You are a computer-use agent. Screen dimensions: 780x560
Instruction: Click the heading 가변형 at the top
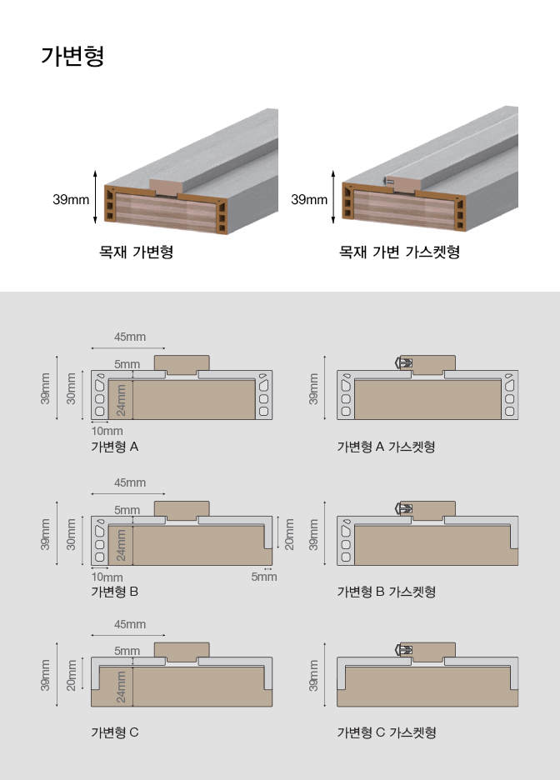pyautogui.click(x=72, y=57)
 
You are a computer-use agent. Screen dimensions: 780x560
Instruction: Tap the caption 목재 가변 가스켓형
pyautogui.click(x=398, y=252)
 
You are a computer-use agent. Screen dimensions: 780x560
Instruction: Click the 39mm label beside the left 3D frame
pyautogui.click(x=71, y=199)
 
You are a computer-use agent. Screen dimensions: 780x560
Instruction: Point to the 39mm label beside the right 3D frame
pyautogui.click(x=308, y=199)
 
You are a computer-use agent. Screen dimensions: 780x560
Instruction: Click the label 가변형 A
pyautogui.click(x=114, y=447)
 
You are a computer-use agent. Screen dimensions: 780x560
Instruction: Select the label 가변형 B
pyautogui.click(x=114, y=592)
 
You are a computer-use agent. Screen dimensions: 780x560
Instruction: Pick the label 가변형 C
pyautogui.click(x=114, y=732)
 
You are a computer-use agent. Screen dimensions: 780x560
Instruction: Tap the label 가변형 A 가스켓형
pyautogui.click(x=386, y=447)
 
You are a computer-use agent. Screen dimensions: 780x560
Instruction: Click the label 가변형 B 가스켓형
pyautogui.click(x=386, y=592)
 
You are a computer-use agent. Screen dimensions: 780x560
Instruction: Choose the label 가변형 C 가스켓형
pyautogui.click(x=386, y=732)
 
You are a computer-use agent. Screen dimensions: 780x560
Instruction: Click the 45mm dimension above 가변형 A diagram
pyautogui.click(x=130, y=337)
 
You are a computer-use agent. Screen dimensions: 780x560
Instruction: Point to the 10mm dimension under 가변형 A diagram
pyautogui.click(x=107, y=431)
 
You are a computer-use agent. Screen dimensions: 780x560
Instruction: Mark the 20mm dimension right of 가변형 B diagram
pyautogui.click(x=289, y=533)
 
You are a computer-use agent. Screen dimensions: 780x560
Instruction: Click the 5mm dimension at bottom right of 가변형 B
pyautogui.click(x=264, y=577)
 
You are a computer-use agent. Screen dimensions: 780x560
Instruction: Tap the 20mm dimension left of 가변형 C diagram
pyautogui.click(x=72, y=675)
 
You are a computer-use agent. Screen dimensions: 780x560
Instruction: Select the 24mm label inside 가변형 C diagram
pyautogui.click(x=122, y=684)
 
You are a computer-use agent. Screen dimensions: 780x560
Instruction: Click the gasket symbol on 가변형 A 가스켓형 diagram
pyautogui.click(x=402, y=362)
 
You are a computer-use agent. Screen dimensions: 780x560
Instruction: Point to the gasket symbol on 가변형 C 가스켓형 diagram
pyautogui.click(x=402, y=649)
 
